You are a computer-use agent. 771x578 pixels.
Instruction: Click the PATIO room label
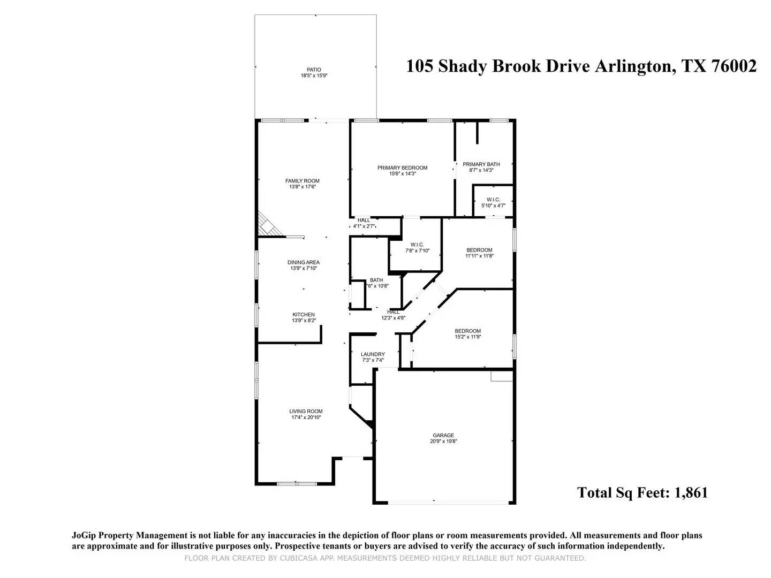pyautogui.click(x=314, y=70)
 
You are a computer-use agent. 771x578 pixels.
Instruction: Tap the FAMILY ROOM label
pyautogui.click(x=302, y=181)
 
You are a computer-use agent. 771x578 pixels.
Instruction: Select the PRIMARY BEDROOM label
pyautogui.click(x=402, y=168)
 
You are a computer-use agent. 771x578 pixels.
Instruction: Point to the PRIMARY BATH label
pyautogui.click(x=481, y=164)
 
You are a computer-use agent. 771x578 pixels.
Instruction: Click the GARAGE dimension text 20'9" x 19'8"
pyautogui.click(x=443, y=441)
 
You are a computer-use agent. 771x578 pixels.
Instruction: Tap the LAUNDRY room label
pyautogui.click(x=373, y=354)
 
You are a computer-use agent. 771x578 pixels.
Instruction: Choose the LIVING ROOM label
pyautogui.click(x=306, y=412)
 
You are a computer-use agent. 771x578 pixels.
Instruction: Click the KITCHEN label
pyautogui.click(x=304, y=315)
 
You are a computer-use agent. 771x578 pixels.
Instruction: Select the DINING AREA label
pyautogui.click(x=304, y=262)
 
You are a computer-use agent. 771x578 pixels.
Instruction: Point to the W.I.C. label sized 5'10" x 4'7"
pyautogui.click(x=494, y=200)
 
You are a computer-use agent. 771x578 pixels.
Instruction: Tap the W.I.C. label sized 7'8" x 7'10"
pyautogui.click(x=417, y=245)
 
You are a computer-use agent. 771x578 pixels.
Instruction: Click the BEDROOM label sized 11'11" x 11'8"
pyautogui.click(x=479, y=250)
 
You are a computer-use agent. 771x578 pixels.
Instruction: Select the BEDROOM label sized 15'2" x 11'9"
pyautogui.click(x=467, y=331)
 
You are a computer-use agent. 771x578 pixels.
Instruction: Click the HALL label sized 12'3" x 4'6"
pyautogui.click(x=393, y=312)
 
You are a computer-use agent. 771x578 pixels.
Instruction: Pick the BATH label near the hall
pyautogui.click(x=376, y=280)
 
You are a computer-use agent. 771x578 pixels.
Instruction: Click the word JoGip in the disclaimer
pyautogui.click(x=84, y=536)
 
